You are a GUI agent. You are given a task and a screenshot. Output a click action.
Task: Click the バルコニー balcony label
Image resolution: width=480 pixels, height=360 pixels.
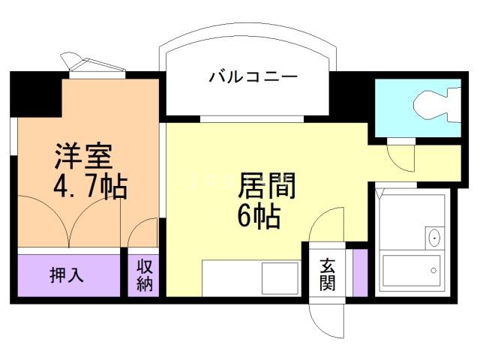tap(253, 76)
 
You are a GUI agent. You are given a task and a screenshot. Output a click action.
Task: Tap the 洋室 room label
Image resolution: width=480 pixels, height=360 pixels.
tap(83, 156)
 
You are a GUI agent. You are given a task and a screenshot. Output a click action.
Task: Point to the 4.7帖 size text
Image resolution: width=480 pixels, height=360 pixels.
tap(88, 185)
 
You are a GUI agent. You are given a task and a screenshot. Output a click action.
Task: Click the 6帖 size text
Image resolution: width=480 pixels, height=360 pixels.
tap(259, 217)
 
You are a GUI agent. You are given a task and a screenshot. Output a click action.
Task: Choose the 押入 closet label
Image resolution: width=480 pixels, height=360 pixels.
tap(67, 275)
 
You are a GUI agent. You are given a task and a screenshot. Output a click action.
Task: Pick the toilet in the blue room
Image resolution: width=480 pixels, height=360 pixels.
tap(435, 104)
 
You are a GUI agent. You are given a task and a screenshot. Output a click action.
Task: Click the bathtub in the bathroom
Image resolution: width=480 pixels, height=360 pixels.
tap(411, 273)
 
